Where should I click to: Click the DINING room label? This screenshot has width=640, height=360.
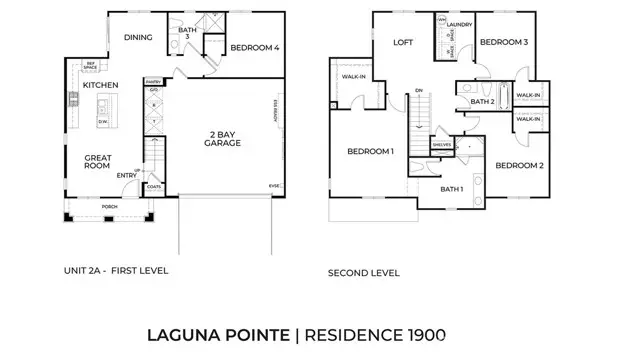point(137,37)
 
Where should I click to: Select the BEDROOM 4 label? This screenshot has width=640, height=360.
point(255,47)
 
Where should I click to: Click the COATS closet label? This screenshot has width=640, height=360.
point(154,185)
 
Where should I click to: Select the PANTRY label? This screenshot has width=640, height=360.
point(153,80)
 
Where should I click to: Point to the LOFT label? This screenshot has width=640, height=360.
point(403,42)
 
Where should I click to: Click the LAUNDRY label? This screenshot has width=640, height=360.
point(459,23)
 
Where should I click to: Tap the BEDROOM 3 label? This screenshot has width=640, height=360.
point(504,42)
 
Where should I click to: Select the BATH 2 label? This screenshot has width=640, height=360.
point(483,101)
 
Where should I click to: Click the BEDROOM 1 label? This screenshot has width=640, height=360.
point(370,151)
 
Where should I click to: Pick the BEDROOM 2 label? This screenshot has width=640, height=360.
point(518,165)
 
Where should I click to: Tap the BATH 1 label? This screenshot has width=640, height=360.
point(451,189)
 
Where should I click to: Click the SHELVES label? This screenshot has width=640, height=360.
point(442,144)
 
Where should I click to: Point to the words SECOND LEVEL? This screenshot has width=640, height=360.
point(364,273)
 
